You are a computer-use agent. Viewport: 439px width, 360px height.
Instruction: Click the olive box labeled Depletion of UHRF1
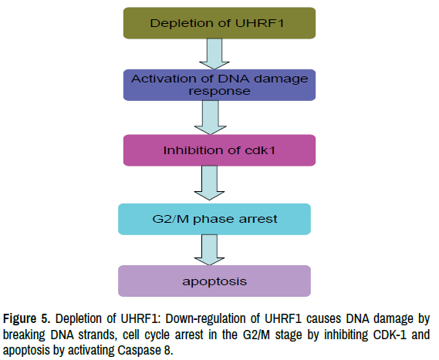[219, 23]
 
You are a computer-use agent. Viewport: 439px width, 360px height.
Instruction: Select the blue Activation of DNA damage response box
[219, 85]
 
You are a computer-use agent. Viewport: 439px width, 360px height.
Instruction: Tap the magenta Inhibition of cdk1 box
[219, 150]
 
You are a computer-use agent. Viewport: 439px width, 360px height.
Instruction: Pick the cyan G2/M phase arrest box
[214, 219]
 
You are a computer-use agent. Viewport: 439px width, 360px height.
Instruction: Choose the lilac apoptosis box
[214, 281]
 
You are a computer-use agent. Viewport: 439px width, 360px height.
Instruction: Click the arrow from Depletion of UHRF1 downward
[214, 54]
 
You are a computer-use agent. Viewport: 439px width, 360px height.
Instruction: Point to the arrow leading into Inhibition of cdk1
[211, 117]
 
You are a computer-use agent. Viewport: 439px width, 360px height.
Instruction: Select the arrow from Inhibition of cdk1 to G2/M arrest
[209, 183]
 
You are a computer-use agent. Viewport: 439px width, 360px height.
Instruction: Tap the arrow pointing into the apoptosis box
[209, 250]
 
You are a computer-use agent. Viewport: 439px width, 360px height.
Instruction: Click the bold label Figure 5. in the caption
[27, 319]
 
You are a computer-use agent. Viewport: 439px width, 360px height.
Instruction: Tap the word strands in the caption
[97, 335]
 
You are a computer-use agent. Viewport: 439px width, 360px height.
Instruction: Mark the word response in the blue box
[219, 92]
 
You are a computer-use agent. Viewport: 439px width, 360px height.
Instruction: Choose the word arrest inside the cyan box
[258, 219]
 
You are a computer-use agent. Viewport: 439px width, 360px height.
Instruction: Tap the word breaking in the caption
[24, 335]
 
